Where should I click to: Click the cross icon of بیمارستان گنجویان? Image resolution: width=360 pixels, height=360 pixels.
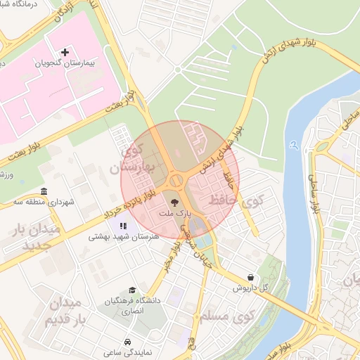pos(65,53)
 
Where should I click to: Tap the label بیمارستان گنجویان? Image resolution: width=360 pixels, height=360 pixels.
pos(67,64)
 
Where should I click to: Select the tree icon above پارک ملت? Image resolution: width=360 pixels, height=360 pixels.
pos(176,200)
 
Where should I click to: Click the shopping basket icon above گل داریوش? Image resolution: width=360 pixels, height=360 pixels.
pos(251,277)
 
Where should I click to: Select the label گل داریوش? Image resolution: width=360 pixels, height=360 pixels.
pos(251,288)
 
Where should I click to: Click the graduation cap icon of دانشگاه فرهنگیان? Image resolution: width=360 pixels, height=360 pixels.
pos(131,290)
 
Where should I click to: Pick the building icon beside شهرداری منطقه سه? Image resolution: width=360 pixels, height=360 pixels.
pos(44,191)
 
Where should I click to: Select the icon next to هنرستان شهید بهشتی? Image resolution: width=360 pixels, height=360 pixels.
pos(124,226)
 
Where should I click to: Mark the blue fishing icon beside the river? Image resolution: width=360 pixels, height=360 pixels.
pos(293,145)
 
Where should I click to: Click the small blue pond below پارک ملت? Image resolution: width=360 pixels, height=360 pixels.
pos(198,226)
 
